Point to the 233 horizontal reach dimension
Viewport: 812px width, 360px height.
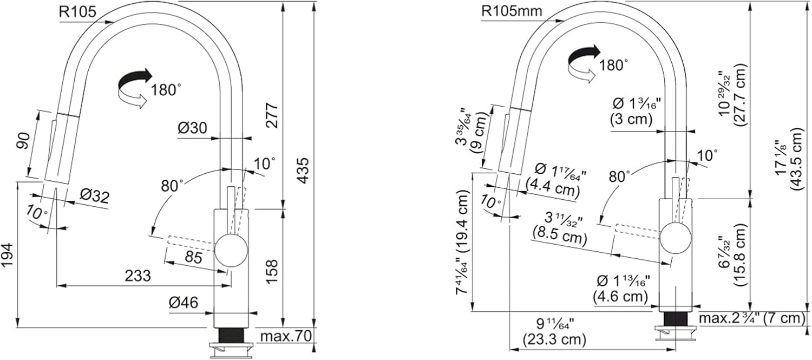(137, 276)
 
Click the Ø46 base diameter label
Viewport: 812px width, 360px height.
(184, 303)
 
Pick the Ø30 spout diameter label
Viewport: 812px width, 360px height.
(193, 128)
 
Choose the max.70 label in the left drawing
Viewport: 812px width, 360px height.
(286, 336)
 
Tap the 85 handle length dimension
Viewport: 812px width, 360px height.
(193, 257)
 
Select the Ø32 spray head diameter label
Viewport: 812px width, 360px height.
(94, 197)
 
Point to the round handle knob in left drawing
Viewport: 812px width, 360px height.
(231, 251)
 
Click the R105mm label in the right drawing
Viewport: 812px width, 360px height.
(512, 11)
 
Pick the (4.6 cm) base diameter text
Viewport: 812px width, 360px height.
(620, 297)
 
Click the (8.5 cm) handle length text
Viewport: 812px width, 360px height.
(560, 236)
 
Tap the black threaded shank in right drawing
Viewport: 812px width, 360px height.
(676, 324)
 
